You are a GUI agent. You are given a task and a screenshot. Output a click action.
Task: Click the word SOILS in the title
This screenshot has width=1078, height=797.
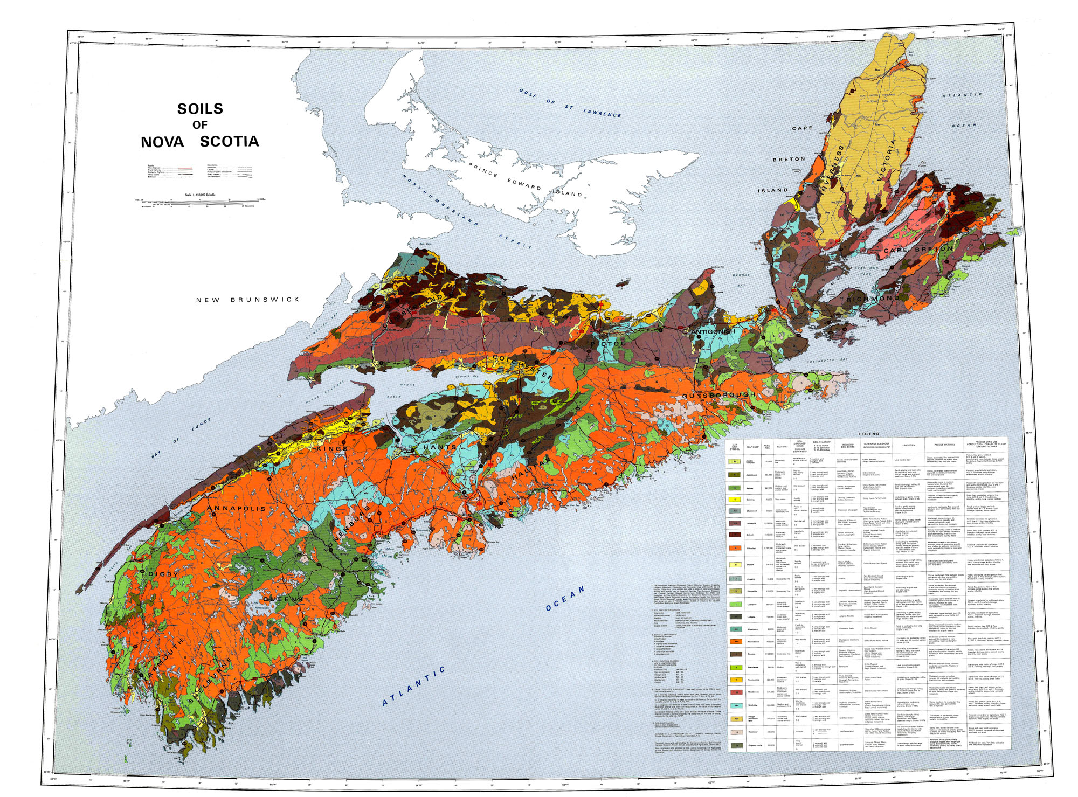[200, 109]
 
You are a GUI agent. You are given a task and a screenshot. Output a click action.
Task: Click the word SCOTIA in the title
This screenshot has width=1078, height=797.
[229, 142]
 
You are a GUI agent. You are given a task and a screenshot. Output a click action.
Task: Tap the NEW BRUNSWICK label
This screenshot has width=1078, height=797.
[247, 300]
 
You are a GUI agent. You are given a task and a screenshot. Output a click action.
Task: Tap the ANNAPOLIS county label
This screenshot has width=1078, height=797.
[236, 509]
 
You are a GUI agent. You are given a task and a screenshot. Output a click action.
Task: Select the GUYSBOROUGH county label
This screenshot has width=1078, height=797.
[719, 395]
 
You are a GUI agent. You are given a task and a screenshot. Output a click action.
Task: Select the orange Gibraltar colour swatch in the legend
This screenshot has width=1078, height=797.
[734, 548]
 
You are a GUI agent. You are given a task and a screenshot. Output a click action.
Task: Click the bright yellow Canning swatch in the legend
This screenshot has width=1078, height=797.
[734, 500]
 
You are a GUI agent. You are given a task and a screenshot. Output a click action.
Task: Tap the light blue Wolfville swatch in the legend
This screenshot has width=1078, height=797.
[734, 705]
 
